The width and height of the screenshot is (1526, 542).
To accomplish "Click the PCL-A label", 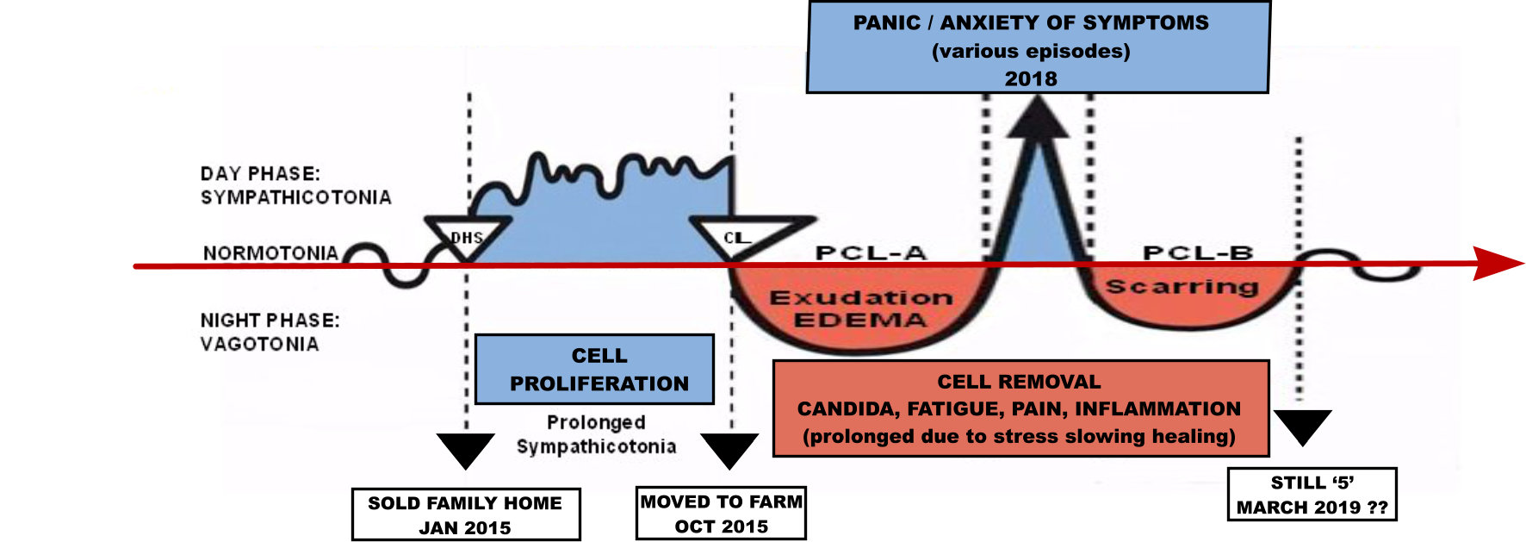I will coord(871,252).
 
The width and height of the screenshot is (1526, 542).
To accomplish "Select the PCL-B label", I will coord(1197,252).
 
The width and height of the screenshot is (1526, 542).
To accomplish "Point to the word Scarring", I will coord(1182,287).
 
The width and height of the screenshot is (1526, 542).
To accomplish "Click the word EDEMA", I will coord(859,321).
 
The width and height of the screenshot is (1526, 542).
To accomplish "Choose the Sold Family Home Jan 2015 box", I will coord(466,514).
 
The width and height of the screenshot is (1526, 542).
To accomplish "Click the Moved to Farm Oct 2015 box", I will coord(721,514).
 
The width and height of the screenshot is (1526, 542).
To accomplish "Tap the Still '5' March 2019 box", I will coord(1312,495).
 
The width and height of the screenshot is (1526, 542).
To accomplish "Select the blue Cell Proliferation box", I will coord(595,370).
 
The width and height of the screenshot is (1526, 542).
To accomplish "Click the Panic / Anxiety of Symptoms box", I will coord(1038,48).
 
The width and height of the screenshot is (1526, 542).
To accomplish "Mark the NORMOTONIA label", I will coord(270,253).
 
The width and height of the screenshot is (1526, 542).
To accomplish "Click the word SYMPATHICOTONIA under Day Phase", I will coord(295,197).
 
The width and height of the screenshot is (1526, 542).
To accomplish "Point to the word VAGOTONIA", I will coord(259,344).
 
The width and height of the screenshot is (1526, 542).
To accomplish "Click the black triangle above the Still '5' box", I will coord(1302,425).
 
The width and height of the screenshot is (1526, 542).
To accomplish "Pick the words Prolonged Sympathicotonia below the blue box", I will coord(596,434).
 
